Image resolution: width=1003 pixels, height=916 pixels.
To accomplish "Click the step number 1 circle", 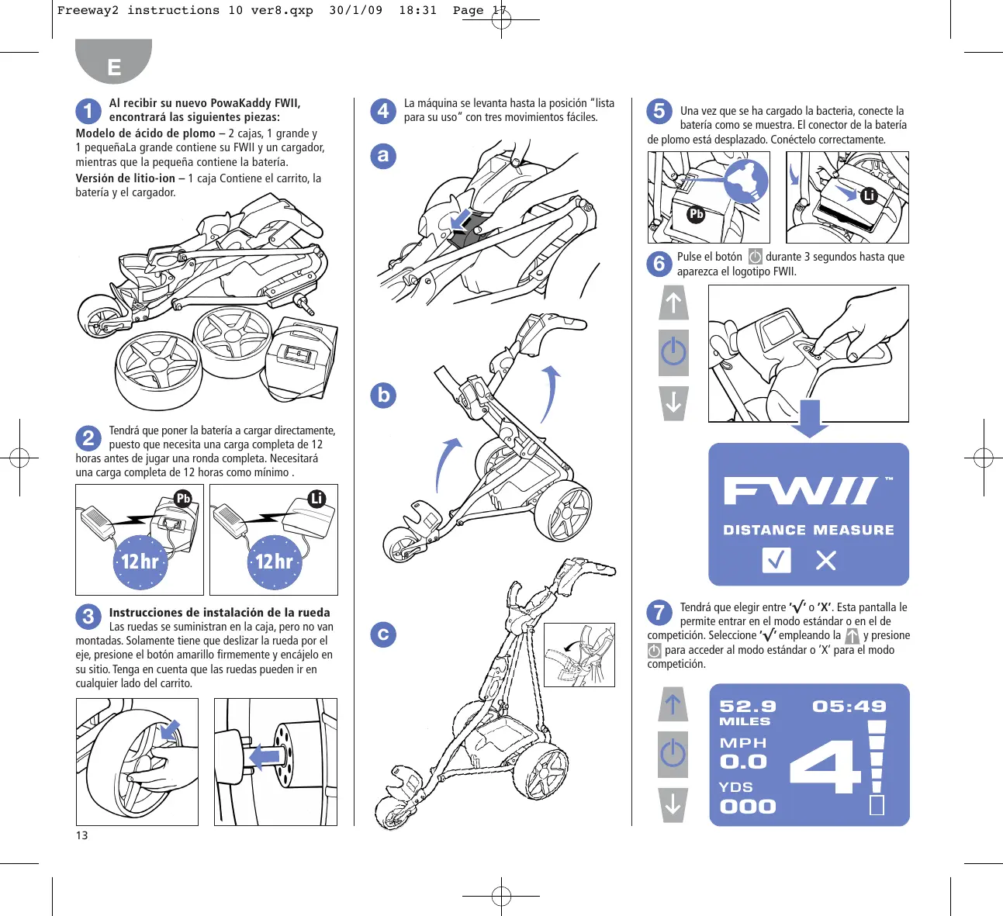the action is [88, 111].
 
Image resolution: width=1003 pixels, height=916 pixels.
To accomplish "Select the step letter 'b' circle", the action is [383, 395].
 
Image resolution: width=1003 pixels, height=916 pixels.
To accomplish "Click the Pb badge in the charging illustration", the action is [184, 499].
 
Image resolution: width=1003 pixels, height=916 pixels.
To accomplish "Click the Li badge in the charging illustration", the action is [317, 499].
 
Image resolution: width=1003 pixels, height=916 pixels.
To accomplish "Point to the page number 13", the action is [81, 835].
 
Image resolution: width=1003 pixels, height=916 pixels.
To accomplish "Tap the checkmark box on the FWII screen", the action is [776, 560].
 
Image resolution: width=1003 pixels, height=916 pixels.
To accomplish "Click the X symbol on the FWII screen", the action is [825, 561].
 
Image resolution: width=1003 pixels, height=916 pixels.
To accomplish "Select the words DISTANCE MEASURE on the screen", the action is [808, 530].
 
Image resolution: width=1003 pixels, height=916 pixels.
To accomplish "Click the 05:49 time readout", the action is [849, 706].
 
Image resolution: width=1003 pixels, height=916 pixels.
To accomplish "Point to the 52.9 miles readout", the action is [748, 712].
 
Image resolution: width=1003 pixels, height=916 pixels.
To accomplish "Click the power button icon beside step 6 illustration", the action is [673, 352].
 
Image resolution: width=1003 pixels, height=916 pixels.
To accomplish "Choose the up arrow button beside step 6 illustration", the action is [673, 302].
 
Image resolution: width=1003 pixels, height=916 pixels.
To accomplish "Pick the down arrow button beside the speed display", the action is [673, 805].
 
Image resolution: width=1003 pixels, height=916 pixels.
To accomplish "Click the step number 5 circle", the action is [659, 111].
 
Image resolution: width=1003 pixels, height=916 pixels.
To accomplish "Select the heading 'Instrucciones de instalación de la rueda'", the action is [220, 613].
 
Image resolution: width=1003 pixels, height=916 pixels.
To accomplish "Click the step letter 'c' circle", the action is [383, 634].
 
